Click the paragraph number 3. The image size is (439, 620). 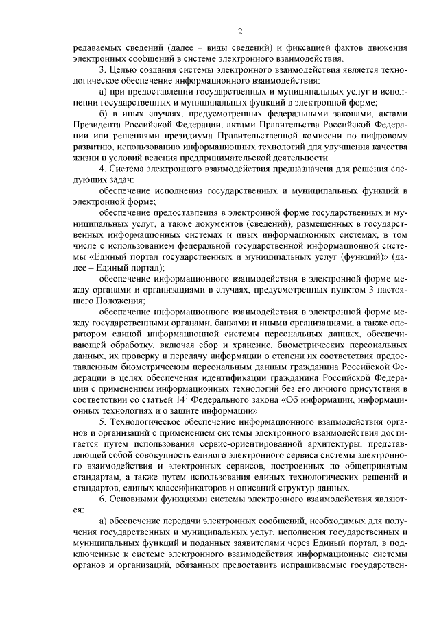102,70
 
